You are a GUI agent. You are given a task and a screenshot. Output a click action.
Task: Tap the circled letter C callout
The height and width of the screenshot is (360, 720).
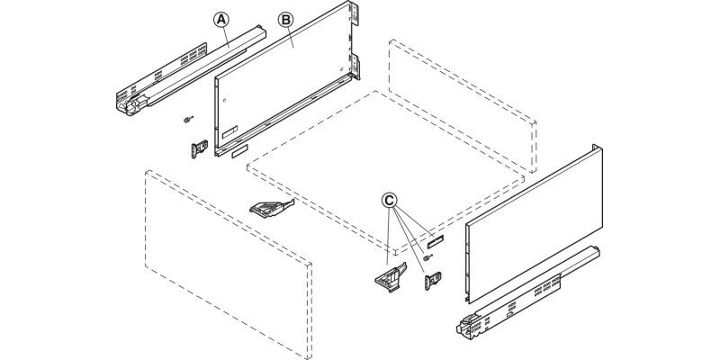pyautogui.click(x=389, y=199)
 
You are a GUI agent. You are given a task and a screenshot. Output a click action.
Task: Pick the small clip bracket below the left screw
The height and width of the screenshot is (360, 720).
pyautogui.click(x=200, y=146)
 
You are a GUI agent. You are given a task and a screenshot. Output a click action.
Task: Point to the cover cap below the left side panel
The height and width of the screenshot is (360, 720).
pyautogui.click(x=237, y=154)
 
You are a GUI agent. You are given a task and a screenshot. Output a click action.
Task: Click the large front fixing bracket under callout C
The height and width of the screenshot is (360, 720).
pyautogui.click(x=386, y=278)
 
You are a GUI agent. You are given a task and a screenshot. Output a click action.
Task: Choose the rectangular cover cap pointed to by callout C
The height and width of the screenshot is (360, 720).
pyautogui.click(x=436, y=239)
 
